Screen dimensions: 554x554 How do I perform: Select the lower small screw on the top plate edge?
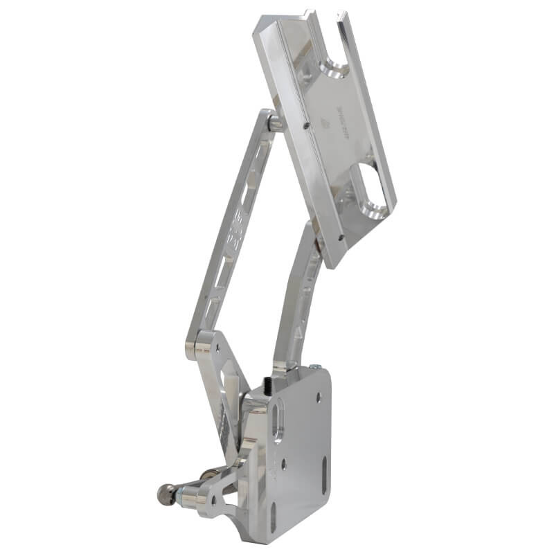341,236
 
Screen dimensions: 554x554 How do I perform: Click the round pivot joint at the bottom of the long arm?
201,341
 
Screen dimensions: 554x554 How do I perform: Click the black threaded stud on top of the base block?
267,382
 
